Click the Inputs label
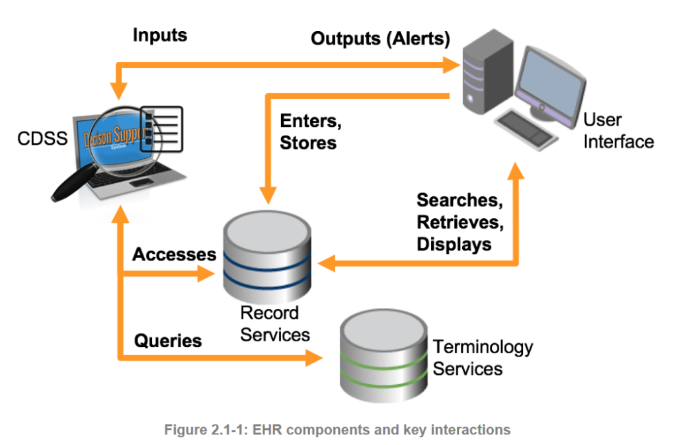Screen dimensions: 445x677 [160, 35]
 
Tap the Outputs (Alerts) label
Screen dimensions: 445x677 [380, 38]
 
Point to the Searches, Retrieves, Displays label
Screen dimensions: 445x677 [460, 222]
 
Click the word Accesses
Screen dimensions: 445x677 [175, 255]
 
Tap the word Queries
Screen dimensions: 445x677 [168, 341]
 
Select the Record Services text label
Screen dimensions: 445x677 [274, 323]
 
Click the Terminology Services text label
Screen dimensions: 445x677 [482, 356]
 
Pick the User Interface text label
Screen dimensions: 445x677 [617, 130]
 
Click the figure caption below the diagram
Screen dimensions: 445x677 [337, 430]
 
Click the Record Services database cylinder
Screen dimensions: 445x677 [267, 258]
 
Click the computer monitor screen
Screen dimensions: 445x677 [552, 79]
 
